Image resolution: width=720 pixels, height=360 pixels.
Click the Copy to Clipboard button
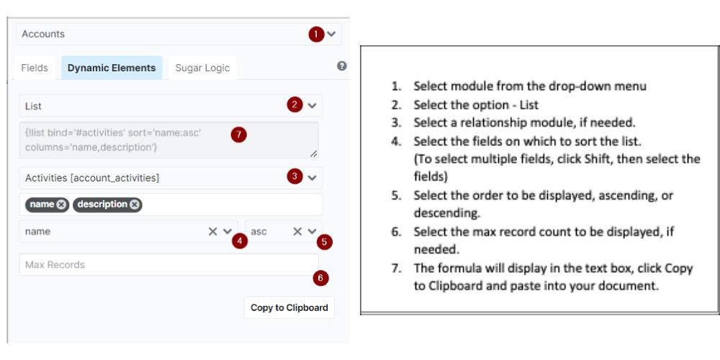pos(289,307)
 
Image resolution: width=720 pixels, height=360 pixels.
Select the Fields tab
pos(35,68)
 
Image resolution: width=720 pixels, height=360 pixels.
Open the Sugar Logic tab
pos(202,68)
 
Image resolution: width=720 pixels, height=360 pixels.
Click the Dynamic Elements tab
pos(112,68)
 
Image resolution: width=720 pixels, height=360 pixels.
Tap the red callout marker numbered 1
pos(315,34)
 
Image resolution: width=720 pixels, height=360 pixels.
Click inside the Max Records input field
pos(158,265)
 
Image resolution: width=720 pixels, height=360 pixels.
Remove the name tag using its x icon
pos(61,204)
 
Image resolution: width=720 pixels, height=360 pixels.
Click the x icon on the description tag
pos(135,204)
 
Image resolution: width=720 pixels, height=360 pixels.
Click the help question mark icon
pos(342,66)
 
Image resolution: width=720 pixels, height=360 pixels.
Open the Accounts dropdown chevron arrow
pos(331,34)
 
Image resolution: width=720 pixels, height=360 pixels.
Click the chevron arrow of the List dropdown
pos(312,105)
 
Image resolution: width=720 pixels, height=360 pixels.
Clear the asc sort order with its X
pos(297,232)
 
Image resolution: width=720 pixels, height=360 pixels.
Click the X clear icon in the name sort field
pos(212,232)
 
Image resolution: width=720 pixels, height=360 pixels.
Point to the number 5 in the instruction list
pos(395,195)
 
